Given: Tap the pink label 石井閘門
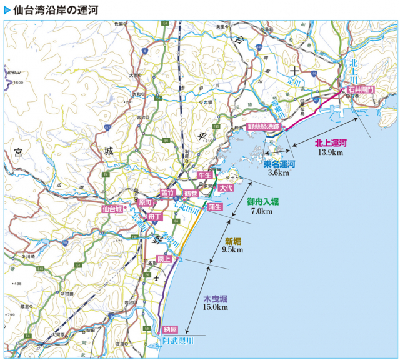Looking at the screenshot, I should point(361,90).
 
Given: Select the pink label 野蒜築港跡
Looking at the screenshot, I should point(266,126).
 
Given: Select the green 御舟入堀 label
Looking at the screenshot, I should point(262,202).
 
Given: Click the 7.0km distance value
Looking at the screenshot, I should point(261,211).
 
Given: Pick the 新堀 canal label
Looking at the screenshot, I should point(233,241).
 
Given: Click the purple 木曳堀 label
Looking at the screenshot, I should point(214,298).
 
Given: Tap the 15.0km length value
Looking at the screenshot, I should point(215,307).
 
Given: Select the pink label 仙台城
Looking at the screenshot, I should point(113,209).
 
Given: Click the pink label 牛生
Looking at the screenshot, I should point(205,176).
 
